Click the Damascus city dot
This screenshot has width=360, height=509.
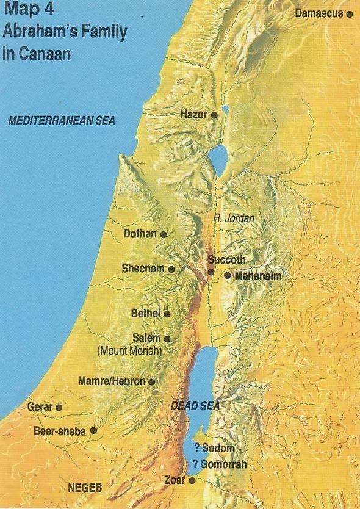(350, 13)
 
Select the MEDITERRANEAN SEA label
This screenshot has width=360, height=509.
(61, 121)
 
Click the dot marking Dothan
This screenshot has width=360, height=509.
(164, 234)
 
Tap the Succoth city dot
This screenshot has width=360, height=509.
(211, 272)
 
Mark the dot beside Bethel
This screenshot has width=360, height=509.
(167, 314)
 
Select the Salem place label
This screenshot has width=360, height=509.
(146, 338)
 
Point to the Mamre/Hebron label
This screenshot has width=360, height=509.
(112, 381)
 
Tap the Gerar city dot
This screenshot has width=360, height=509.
(59, 407)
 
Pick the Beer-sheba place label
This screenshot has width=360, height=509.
(60, 431)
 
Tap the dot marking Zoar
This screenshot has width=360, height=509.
(192, 481)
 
